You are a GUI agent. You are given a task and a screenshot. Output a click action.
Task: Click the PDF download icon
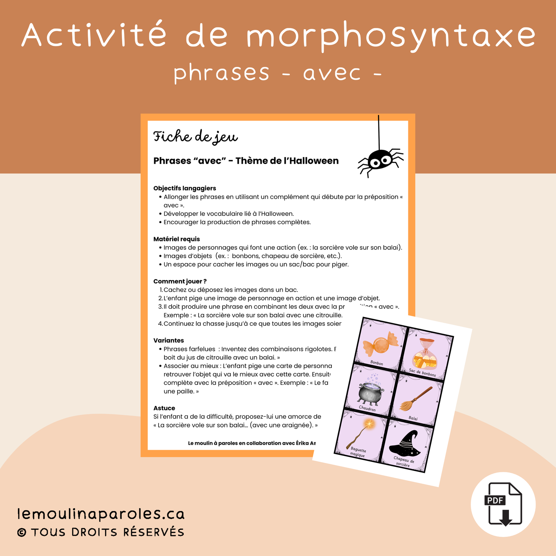[x=503, y=504]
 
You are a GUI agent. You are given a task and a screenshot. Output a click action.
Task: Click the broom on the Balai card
[x=416, y=400]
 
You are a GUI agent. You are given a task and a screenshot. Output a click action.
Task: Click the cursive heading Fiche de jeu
[x=195, y=137]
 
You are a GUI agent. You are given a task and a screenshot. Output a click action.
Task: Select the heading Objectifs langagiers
[x=185, y=188]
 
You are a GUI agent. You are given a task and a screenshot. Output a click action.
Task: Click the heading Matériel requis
[x=176, y=239]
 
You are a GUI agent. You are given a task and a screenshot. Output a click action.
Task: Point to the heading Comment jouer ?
[x=180, y=281]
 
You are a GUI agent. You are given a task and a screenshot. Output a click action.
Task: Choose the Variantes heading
[x=169, y=340]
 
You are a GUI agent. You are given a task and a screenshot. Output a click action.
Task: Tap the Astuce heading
[x=164, y=408]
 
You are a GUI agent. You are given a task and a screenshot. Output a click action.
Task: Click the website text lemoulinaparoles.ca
[x=101, y=514]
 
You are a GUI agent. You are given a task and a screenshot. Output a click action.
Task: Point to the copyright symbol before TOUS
[x=22, y=533]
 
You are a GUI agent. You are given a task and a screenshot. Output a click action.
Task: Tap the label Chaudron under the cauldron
[x=367, y=408]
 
